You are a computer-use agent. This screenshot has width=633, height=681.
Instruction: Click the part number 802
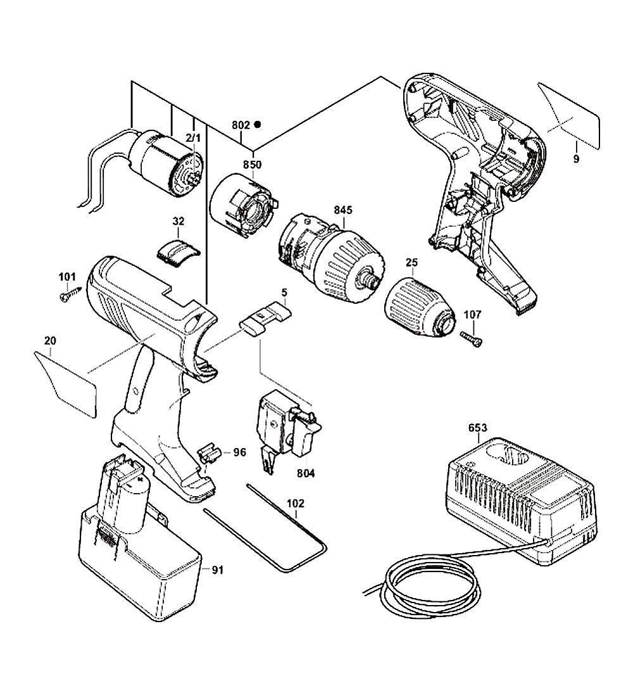241,125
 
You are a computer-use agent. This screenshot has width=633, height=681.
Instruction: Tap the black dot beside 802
258,125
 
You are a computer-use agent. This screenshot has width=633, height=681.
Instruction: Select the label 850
252,165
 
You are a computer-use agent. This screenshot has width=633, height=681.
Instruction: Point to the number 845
344,210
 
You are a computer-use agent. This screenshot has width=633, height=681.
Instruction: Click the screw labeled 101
68,294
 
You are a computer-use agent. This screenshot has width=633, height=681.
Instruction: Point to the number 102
296,504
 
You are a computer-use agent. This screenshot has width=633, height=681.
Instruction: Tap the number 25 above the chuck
412,261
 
